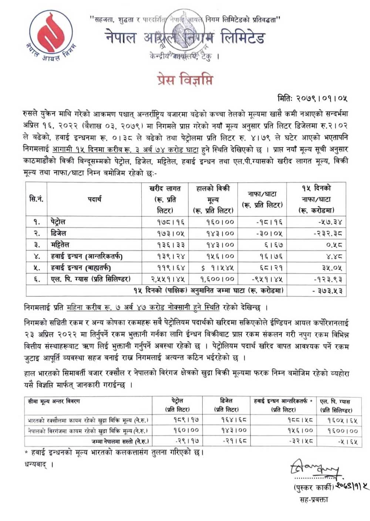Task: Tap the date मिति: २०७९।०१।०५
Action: tap(312, 98)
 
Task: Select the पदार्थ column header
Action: tap(94, 199)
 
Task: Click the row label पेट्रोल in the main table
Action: tap(58, 222)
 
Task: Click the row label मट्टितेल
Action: tap(60, 245)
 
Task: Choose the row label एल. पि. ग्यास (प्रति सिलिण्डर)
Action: tap(91, 279)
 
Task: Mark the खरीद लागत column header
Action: tap(165, 199)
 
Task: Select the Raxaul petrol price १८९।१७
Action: tap(186, 420)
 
